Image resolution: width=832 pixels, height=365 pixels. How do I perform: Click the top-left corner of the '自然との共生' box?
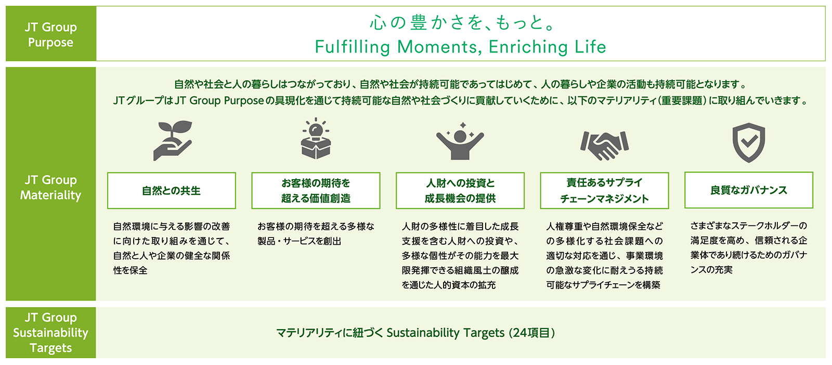pos(107,172)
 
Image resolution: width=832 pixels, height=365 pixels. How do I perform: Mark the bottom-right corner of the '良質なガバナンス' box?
pos(813,208)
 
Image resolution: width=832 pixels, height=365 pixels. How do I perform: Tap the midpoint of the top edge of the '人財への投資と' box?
pos(460,172)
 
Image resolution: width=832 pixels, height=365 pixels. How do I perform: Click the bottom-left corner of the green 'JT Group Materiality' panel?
pos(6,300)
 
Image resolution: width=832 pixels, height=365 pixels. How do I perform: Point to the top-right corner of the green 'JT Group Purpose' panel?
pos(96,6)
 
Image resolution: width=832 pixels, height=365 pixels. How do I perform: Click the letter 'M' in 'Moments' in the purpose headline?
pos(405,47)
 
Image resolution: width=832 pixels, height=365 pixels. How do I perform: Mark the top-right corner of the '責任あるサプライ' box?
pos(669,172)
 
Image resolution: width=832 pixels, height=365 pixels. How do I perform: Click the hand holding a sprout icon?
pos(172,140)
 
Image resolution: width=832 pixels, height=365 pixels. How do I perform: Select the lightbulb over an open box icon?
pos(316,139)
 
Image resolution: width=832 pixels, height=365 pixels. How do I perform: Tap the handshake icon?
pos(604,145)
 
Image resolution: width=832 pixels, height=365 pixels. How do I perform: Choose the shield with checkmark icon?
pos(748,143)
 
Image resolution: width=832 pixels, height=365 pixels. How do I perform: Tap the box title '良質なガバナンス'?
pos(748,190)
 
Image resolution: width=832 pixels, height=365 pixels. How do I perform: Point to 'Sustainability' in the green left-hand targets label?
pos(51,333)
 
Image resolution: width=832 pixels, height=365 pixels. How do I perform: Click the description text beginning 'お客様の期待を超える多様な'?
pos(316,234)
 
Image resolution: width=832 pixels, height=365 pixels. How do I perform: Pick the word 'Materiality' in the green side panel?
pos(51,195)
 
